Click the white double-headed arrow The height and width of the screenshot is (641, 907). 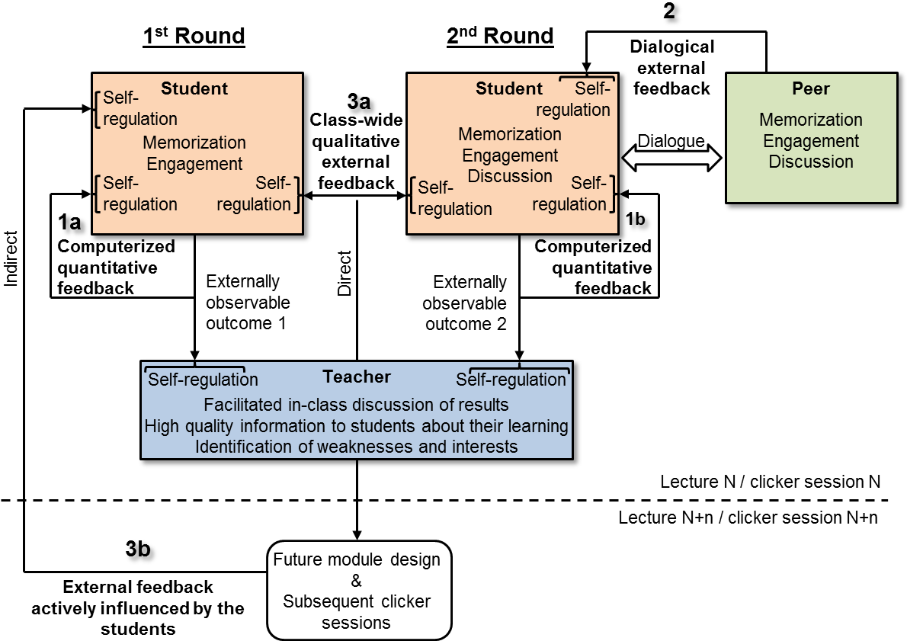coord(671,158)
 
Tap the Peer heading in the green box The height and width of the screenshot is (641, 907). coord(811,88)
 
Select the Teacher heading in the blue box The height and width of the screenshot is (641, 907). coord(357,377)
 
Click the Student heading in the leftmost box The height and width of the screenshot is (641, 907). coord(194,88)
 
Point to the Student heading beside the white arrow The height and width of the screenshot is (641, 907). coord(508,88)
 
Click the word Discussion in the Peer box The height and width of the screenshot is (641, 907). coord(811,162)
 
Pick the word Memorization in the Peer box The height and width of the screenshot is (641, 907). coord(811,120)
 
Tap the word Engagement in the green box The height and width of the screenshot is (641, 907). coord(811,141)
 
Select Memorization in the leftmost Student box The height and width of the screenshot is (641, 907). coord(194,143)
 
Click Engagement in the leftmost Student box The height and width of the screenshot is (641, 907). coord(194,164)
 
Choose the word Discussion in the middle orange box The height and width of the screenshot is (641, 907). coord(510,176)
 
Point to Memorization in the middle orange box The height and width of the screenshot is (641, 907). coord(510,134)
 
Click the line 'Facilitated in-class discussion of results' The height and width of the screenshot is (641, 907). coord(356,404)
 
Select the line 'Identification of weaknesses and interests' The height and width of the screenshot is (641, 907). coord(356,447)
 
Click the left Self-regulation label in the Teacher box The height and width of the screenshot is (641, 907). coord(203,380)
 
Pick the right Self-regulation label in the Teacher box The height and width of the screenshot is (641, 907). coord(511,380)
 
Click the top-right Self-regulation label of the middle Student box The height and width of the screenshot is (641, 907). coord(576,100)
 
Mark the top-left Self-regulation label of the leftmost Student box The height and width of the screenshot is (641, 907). coord(139,108)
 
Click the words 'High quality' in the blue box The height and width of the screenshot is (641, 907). coord(190,426)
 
